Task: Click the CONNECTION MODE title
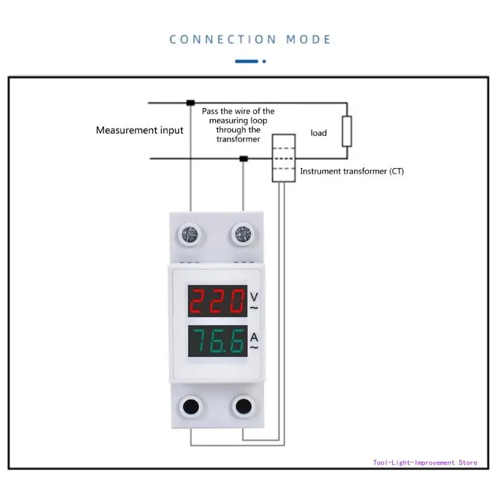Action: point(250,39)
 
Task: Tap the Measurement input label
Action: point(139,130)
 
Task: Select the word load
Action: point(319,133)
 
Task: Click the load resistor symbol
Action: point(347,131)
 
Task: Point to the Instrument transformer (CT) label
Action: point(352,171)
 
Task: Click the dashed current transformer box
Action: point(283,158)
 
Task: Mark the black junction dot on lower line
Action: point(244,159)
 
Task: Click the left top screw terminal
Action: point(190,234)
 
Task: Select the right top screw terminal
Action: point(241,234)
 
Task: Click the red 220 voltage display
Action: point(216,303)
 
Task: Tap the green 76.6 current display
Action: point(216,342)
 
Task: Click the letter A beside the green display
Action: point(254,337)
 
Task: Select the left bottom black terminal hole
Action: point(190,407)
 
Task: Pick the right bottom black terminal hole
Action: point(242,407)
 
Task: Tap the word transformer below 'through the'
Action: point(238,139)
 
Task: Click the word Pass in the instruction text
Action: point(211,111)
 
